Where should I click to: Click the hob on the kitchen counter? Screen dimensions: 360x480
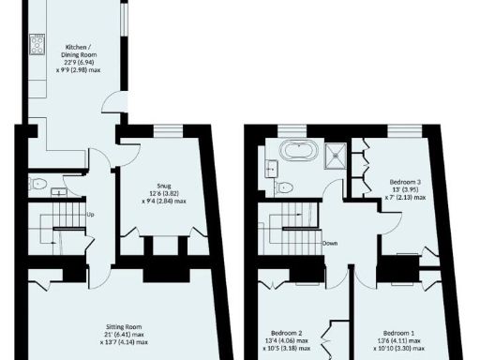(38, 44)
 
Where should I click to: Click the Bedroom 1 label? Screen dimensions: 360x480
(399, 334)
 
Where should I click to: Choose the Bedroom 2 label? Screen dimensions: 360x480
(287, 334)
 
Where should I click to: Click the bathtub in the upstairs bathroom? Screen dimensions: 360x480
(299, 150)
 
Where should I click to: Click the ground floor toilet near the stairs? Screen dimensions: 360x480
(37, 184)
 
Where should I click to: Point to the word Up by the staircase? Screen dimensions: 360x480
(90, 215)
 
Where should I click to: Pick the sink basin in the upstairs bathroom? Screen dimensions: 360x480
(270, 167)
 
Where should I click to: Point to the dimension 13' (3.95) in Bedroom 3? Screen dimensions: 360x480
(406, 188)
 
